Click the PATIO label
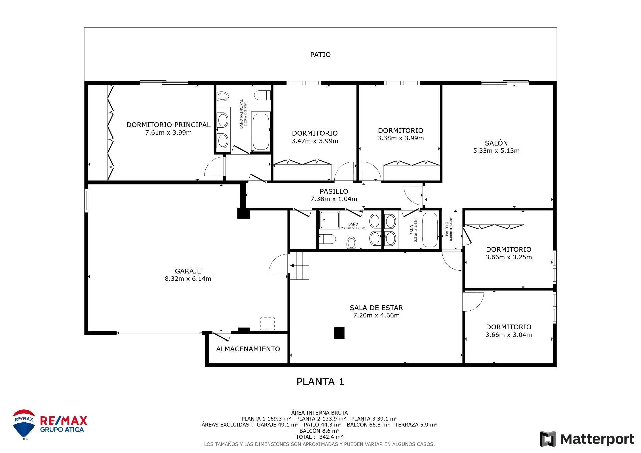320,55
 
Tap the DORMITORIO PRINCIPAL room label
168,125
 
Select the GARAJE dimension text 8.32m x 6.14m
188,279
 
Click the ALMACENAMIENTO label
248,349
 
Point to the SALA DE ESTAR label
376,308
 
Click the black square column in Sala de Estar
339,333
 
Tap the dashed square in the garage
267,324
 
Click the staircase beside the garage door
300,266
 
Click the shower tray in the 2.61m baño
329,220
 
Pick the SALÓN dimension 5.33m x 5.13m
496,151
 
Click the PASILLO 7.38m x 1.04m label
334,195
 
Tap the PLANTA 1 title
320,382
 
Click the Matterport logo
587,439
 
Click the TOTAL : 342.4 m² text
319,437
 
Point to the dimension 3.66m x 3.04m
508,335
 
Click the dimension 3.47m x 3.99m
314,141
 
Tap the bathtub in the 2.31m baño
429,230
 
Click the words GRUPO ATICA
62,430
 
